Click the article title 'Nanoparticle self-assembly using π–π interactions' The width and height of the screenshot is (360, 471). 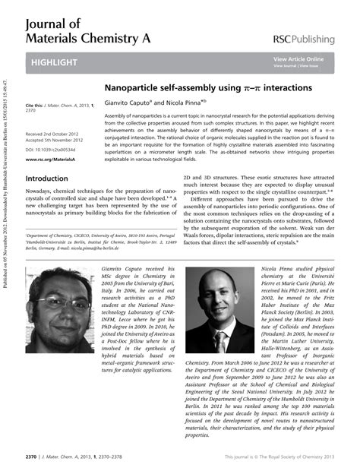tap(207, 88)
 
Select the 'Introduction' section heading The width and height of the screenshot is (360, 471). tap(47, 179)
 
